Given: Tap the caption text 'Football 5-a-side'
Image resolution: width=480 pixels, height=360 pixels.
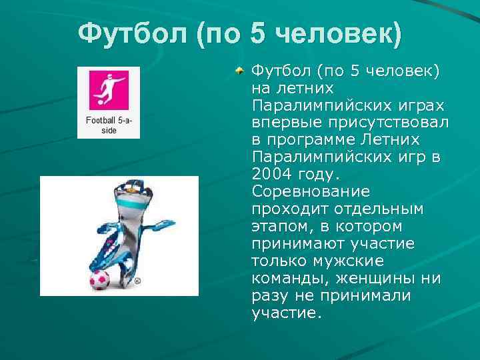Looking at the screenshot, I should coord(108,125).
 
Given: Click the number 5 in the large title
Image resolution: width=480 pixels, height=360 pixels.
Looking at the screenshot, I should coord(259,33).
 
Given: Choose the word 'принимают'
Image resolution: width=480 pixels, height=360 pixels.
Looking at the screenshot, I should coord(296,244).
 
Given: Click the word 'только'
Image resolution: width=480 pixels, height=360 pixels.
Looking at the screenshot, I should coord(279,261).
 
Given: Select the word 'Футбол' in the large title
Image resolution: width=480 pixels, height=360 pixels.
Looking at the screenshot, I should coord(131,33).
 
